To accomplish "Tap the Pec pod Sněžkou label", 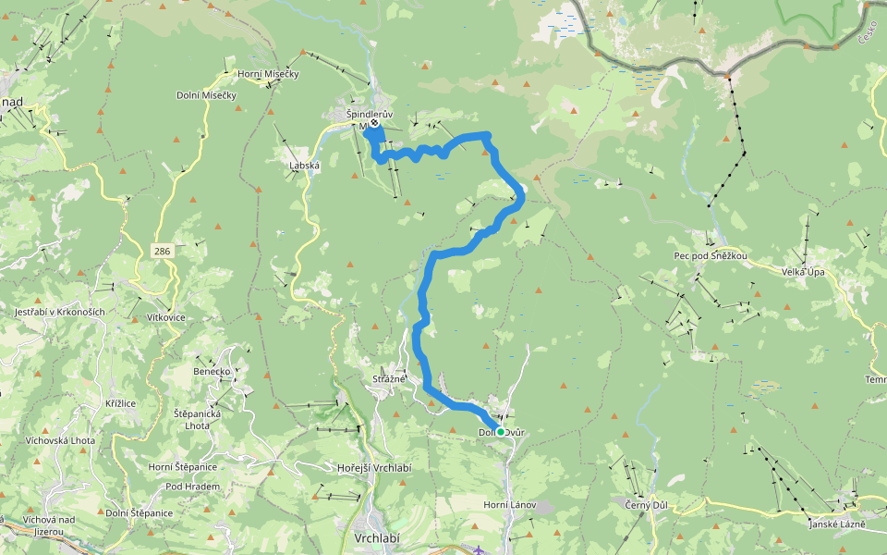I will click(x=711, y=255).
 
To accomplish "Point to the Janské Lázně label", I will click(x=837, y=524).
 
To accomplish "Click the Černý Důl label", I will click(x=647, y=504).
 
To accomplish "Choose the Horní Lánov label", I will click(x=510, y=504).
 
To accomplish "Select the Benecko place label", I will click(x=212, y=371).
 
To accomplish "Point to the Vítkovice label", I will click(x=166, y=317).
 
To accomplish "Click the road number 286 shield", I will click(x=163, y=251).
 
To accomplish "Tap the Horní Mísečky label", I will click(x=268, y=74).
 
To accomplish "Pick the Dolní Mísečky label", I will click(x=207, y=95).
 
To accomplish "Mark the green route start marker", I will click(x=500, y=431).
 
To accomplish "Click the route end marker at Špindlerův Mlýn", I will click(x=374, y=123).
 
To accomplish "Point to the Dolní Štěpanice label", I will click(x=139, y=512).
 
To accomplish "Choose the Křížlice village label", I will click(x=121, y=403).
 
